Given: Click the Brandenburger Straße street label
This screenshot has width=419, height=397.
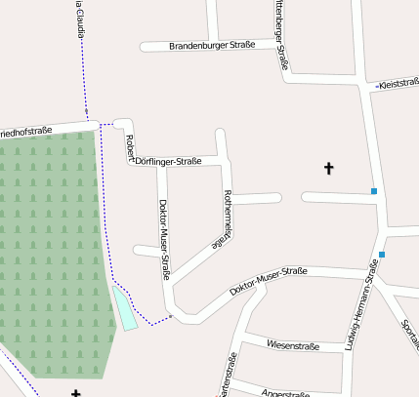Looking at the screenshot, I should click(212, 46).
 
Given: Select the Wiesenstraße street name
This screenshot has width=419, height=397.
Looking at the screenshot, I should click(287, 344).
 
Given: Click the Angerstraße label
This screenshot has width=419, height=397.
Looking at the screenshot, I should click(286, 392).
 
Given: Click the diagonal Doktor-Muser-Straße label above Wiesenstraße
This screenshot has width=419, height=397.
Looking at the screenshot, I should click(269, 282).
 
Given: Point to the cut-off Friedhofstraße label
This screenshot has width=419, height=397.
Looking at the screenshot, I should click(26, 130).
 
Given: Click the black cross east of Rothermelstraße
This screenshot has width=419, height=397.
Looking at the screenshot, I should click(328, 169).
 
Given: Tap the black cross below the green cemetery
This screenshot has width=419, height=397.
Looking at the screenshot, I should click(76, 392).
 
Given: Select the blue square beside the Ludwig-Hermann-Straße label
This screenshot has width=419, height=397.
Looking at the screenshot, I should click(382, 256).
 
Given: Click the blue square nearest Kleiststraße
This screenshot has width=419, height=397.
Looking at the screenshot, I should click(374, 191).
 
